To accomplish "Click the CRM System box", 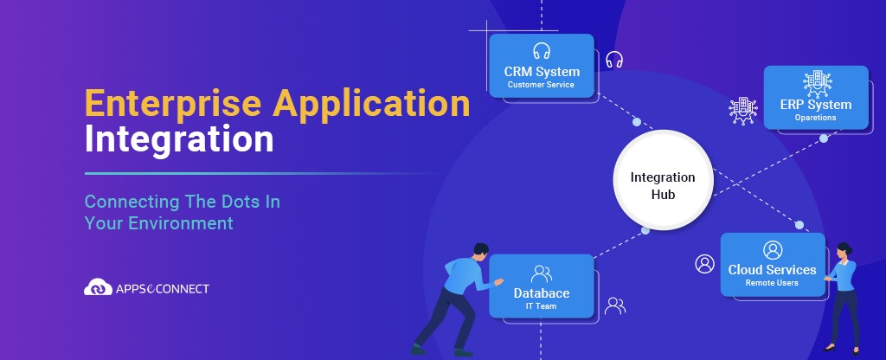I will tap(542, 66).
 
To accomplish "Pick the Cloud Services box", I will tap(772, 265).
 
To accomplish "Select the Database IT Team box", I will tap(542, 286).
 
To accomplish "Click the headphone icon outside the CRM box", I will tap(614, 60).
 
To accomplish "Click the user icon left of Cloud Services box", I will tap(705, 263).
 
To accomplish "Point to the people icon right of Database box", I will tap(615, 305).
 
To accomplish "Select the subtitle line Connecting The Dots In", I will tap(183, 202).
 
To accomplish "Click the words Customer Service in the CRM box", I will tap(542, 85).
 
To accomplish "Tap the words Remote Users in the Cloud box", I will tap(772, 283).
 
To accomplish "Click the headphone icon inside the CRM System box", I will tap(542, 49).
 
